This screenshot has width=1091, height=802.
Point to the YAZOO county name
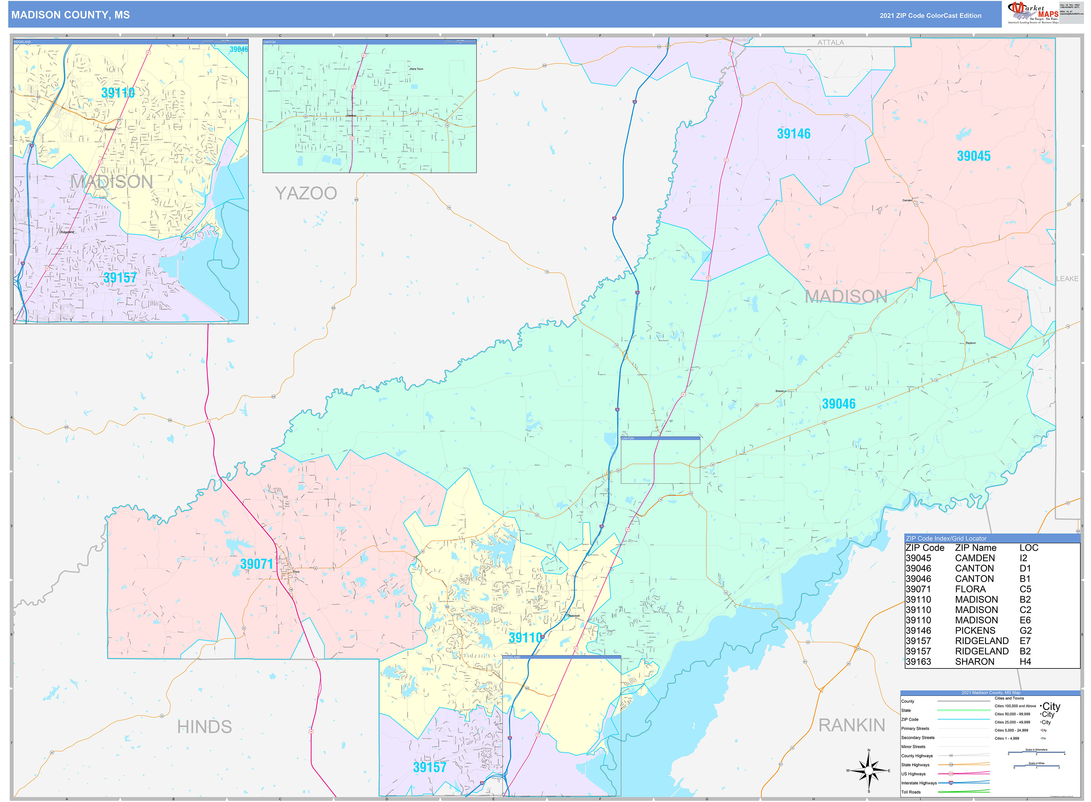pos(306,193)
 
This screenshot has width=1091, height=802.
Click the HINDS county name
pos(204,727)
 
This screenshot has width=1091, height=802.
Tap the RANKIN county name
pos(851,725)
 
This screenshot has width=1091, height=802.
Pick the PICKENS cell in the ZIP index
pos(975,630)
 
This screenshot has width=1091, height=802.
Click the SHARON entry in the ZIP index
pos(974,662)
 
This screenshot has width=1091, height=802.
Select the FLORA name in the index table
pos(970,589)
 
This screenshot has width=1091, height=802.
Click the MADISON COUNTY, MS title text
pos(70,15)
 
